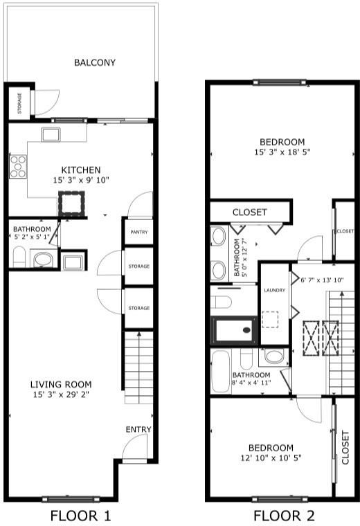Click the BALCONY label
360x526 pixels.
[x=95, y=62]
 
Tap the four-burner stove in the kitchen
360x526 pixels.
[x=18, y=166]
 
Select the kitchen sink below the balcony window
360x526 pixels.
[x=51, y=134]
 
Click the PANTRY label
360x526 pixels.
[x=139, y=232]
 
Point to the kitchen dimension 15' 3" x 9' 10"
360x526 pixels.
[x=81, y=180]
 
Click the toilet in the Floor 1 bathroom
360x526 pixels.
[x=19, y=257]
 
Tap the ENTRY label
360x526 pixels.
[x=138, y=429]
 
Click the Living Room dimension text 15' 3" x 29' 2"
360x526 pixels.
[x=61, y=394]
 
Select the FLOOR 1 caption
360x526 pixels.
[x=80, y=516]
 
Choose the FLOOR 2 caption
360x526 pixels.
[x=284, y=516]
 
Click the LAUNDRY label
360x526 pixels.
[x=274, y=290]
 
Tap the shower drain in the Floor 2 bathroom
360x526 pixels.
[x=246, y=330]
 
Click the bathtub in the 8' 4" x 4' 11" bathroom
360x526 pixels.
[x=221, y=372]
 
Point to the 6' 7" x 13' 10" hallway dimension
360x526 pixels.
[x=322, y=280]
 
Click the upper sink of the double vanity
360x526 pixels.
[x=218, y=236]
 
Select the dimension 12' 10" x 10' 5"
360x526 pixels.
[x=271, y=458]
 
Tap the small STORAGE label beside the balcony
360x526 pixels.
[x=19, y=103]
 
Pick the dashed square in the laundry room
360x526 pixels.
[x=270, y=319]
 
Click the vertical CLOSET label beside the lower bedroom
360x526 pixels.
[x=345, y=448]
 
